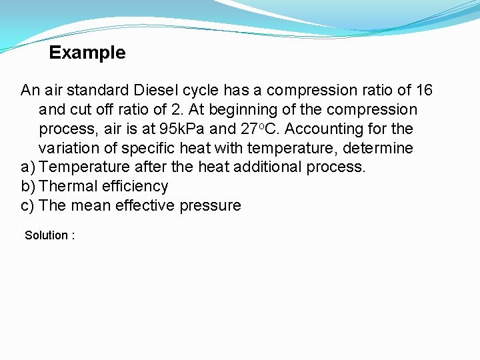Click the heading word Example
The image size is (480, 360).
(87, 53)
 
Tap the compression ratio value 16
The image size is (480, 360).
(423, 90)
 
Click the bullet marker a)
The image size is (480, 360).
(28, 167)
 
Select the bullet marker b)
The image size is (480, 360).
(28, 186)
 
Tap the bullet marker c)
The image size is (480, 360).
(28, 205)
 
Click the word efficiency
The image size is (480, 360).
(132, 186)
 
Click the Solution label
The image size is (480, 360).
(46, 235)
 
